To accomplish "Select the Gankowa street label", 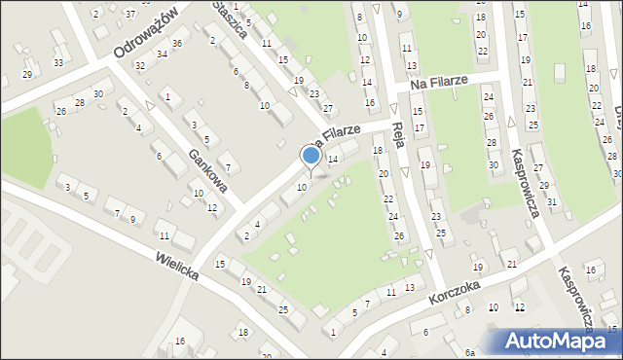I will pos(209,168).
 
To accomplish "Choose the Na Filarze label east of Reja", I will pos(439,85).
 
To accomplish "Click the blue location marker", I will pos(311,156).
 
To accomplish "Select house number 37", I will pos(130,14).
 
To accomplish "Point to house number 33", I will pos(58,63).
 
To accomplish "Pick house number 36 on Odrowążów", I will pos(176,44).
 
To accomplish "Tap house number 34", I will pos(162,54).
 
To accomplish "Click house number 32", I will pos(140,65).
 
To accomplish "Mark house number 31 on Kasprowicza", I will pos(552,201).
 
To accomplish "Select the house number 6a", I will pos(469,352).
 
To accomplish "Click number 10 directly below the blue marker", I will pos(302,187).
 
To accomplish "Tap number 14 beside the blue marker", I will pos(332,159).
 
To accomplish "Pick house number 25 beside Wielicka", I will pos(283,309).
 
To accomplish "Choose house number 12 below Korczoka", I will pos(520,307).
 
